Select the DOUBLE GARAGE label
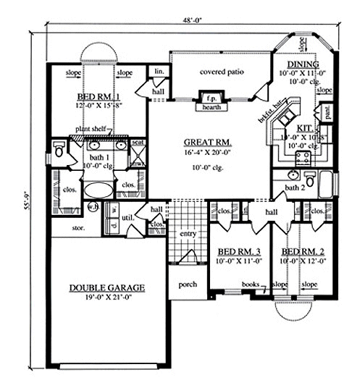107,287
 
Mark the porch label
188,284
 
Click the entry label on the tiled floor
188,234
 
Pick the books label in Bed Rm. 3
251,285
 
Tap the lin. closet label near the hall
158,72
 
